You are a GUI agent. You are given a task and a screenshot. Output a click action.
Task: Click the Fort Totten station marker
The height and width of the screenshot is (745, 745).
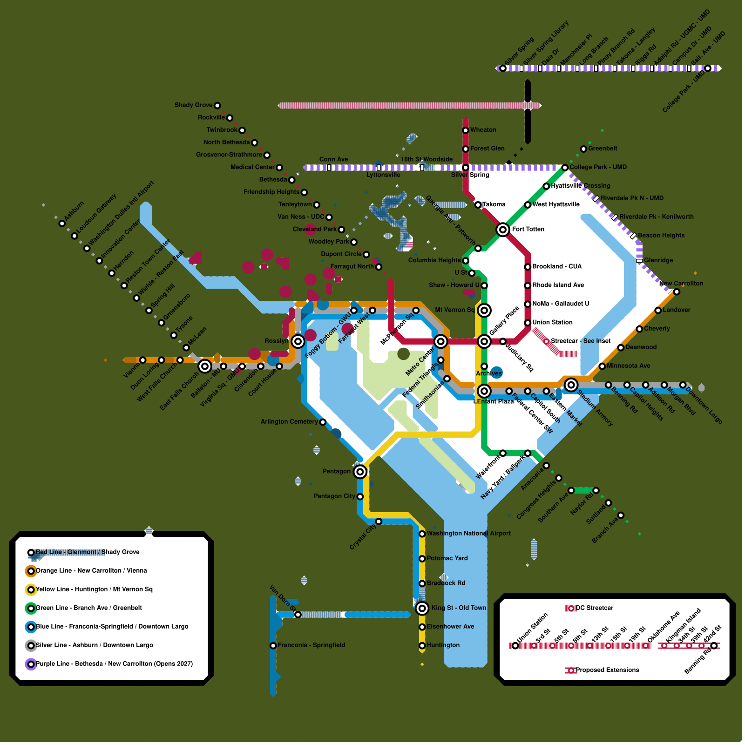point(502,230)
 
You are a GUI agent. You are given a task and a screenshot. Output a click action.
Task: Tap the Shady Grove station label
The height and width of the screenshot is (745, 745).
point(193,105)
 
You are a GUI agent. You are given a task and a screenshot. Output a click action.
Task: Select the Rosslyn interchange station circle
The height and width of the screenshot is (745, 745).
point(298,341)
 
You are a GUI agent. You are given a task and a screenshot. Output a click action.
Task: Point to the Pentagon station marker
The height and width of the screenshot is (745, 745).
point(360,472)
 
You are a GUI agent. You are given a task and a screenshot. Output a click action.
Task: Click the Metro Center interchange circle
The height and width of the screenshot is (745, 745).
point(440,341)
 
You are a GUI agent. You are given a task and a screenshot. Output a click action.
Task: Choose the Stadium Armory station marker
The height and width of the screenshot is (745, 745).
point(571,385)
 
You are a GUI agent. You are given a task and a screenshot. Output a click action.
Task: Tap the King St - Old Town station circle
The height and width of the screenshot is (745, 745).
point(422,608)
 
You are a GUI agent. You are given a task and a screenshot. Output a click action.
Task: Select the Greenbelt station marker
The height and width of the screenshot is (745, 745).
point(583,149)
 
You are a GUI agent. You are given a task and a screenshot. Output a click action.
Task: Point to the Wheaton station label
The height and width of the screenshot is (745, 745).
point(483,130)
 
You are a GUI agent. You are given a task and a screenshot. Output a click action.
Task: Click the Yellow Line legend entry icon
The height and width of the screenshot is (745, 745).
point(31,589)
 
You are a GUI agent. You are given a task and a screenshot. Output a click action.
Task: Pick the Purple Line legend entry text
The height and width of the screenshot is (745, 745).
point(114,664)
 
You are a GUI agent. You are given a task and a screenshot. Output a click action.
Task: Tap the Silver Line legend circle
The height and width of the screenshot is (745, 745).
point(31,645)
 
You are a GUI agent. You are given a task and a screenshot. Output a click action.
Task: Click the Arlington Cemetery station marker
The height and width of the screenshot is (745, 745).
point(323,422)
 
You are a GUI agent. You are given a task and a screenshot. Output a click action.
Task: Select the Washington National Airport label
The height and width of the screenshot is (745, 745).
point(468,534)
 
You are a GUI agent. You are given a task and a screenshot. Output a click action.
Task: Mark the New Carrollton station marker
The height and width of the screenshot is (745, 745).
point(677,292)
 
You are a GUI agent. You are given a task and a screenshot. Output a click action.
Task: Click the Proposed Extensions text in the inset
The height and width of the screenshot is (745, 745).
point(607,670)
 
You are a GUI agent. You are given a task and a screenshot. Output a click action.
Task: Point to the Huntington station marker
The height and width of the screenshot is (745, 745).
point(422,645)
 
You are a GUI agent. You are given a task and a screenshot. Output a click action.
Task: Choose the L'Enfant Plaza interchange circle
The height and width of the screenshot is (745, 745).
point(484,391)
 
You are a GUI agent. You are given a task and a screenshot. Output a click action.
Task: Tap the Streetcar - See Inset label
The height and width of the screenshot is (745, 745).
point(581,341)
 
